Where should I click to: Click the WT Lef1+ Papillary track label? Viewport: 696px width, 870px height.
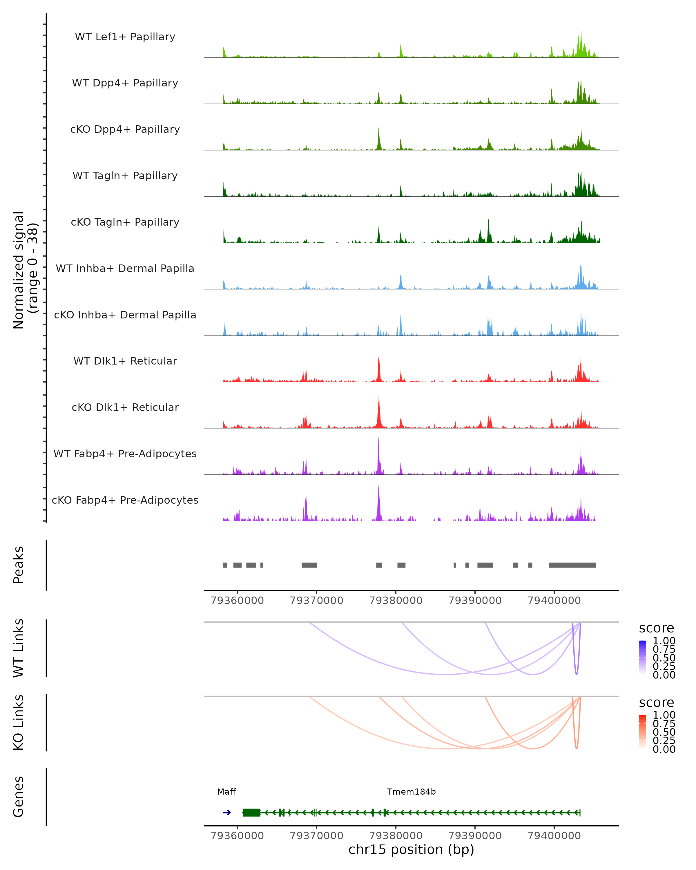click(125, 37)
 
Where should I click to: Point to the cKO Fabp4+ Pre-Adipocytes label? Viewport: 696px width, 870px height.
click(125, 500)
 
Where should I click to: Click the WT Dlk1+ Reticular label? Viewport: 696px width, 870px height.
click(125, 361)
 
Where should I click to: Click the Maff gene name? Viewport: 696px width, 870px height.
click(226, 792)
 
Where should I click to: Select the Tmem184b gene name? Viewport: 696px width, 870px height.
click(411, 792)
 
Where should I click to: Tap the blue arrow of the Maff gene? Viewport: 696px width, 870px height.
click(227, 813)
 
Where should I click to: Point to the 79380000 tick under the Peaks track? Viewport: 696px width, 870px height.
click(396, 601)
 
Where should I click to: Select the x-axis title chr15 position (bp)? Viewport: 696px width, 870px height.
click(411, 849)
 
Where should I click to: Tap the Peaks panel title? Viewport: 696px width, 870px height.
click(19, 565)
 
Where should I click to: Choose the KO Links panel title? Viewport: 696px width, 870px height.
click(19, 722)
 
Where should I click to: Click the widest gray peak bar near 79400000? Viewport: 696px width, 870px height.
click(572, 565)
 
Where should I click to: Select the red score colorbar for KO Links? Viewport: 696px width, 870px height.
click(642, 732)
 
